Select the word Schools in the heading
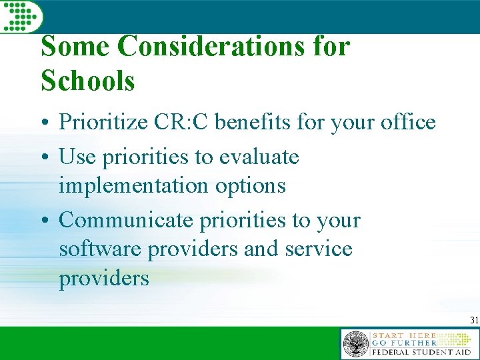(88, 81)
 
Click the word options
(250, 185)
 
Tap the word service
(319, 249)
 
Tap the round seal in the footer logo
(355, 345)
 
